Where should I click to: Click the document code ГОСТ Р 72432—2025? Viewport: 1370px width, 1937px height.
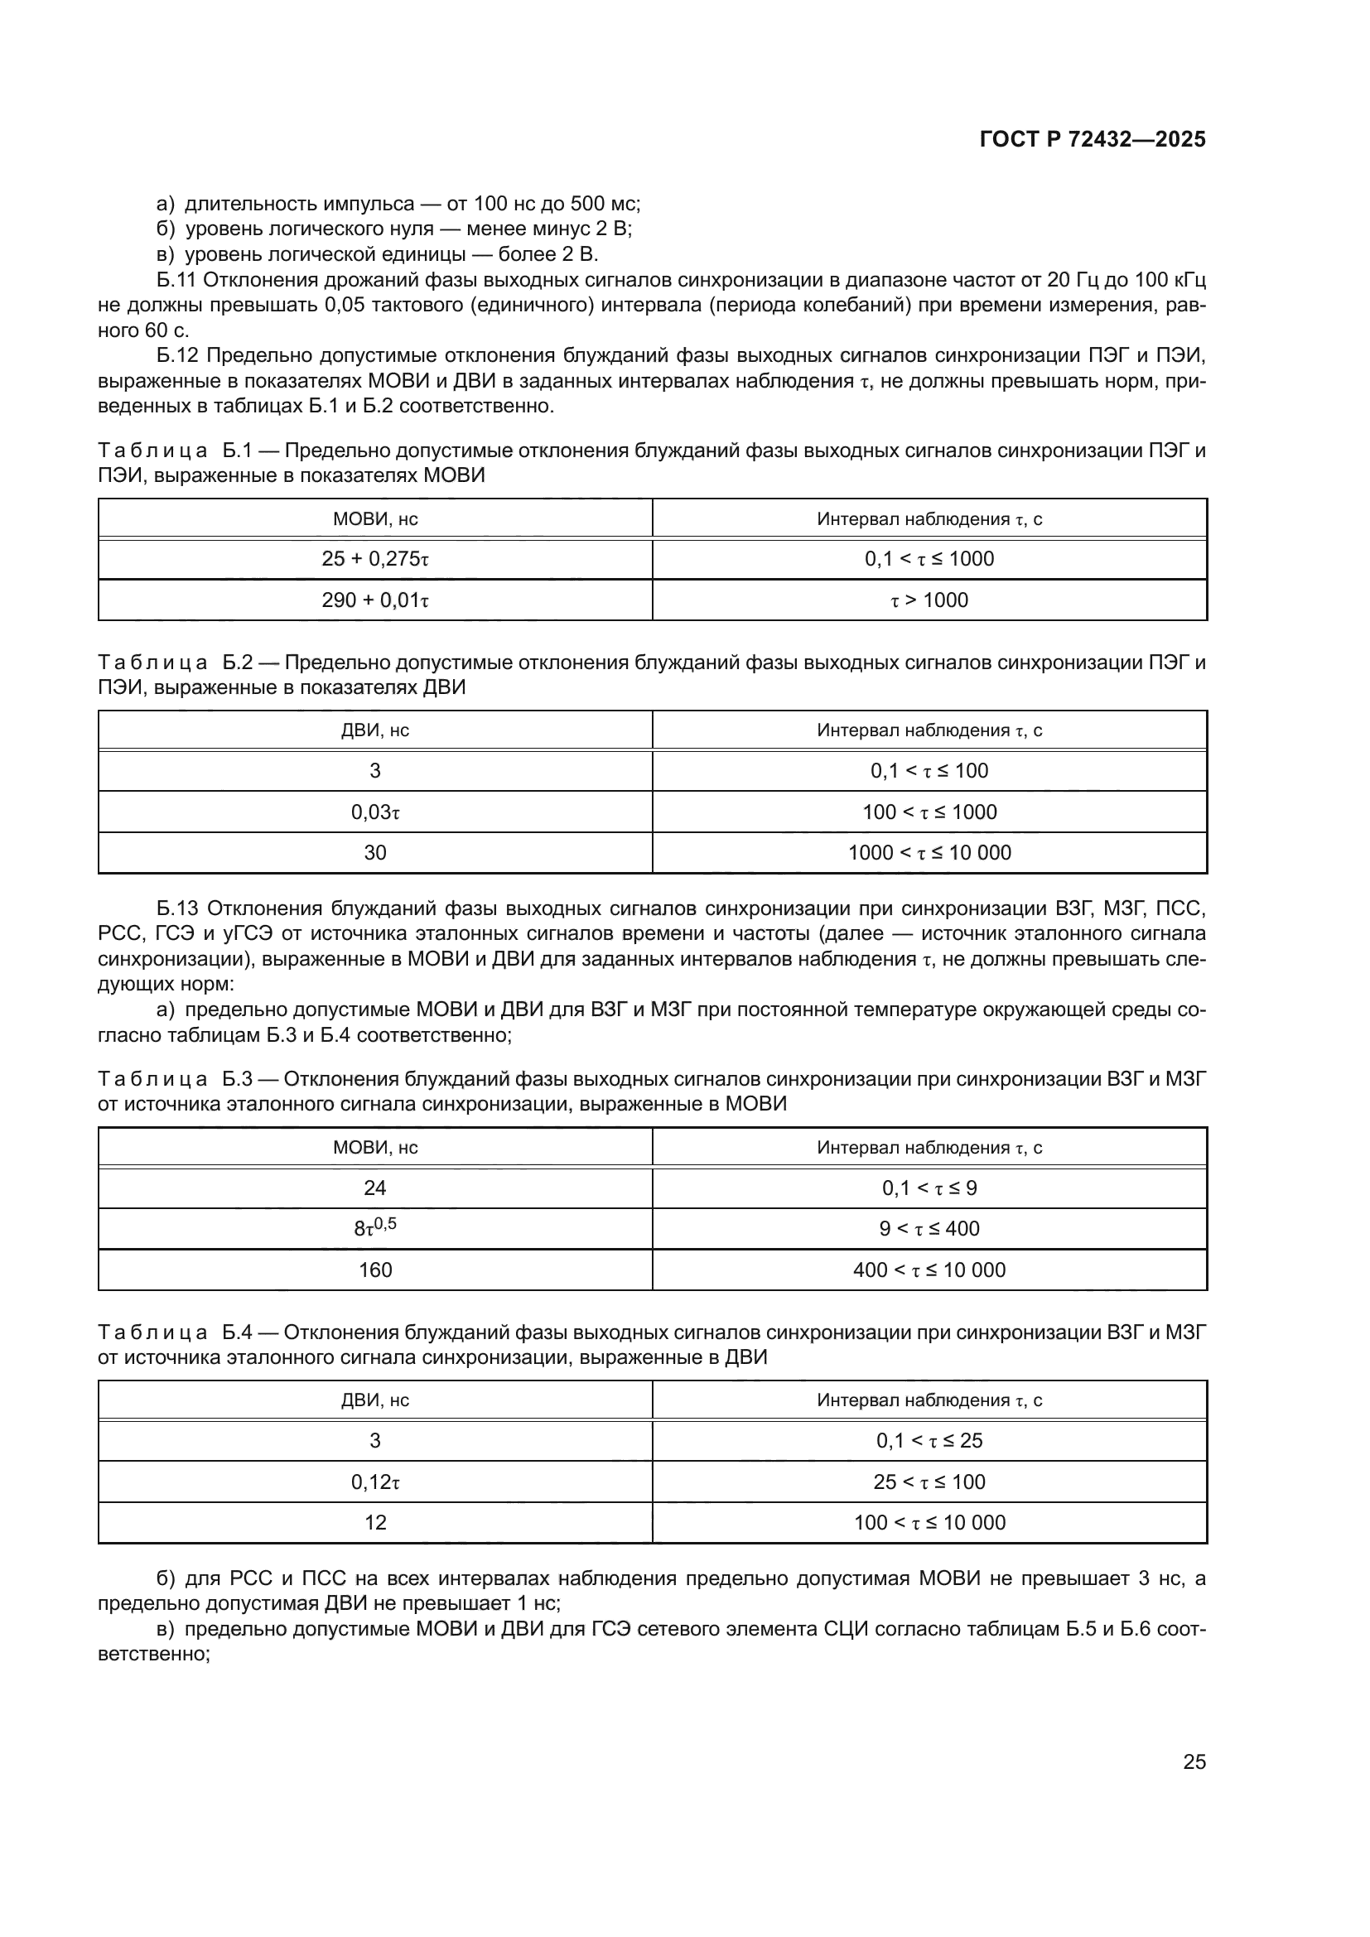(x=1093, y=140)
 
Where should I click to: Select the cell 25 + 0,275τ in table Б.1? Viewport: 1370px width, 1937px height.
(x=374, y=558)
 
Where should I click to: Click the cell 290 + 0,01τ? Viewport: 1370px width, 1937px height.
(x=374, y=600)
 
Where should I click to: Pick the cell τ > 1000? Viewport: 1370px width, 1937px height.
(x=929, y=600)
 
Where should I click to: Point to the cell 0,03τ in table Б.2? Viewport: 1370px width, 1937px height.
(x=374, y=812)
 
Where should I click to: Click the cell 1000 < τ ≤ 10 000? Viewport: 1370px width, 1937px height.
(x=929, y=852)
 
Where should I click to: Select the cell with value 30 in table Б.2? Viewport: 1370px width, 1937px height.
(x=374, y=852)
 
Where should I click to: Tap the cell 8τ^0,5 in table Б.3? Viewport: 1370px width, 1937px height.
(x=374, y=1227)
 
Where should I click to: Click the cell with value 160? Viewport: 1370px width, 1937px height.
(x=374, y=1270)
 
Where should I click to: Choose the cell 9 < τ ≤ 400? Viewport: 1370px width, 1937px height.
(x=929, y=1228)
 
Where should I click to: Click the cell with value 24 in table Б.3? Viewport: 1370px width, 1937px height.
(x=374, y=1188)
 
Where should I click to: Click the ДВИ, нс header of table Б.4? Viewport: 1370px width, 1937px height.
(x=374, y=1400)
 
